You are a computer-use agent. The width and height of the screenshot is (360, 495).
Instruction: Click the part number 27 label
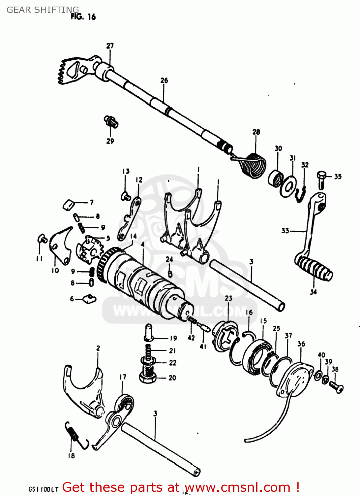click(x=110, y=46)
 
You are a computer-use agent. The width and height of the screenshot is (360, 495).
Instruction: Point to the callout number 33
click(x=285, y=231)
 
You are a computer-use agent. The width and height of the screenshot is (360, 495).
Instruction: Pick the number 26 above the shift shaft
click(x=164, y=81)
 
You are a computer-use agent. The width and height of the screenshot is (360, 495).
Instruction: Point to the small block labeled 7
click(x=69, y=204)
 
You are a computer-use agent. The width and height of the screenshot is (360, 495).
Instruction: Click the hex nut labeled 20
click(x=148, y=377)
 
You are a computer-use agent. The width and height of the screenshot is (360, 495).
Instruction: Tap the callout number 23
click(x=228, y=298)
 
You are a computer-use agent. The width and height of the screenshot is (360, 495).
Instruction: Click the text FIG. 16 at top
click(x=83, y=16)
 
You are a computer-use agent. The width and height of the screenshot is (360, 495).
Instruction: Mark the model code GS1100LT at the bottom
click(x=43, y=489)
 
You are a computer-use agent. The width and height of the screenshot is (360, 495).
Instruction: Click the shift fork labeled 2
click(x=84, y=389)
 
